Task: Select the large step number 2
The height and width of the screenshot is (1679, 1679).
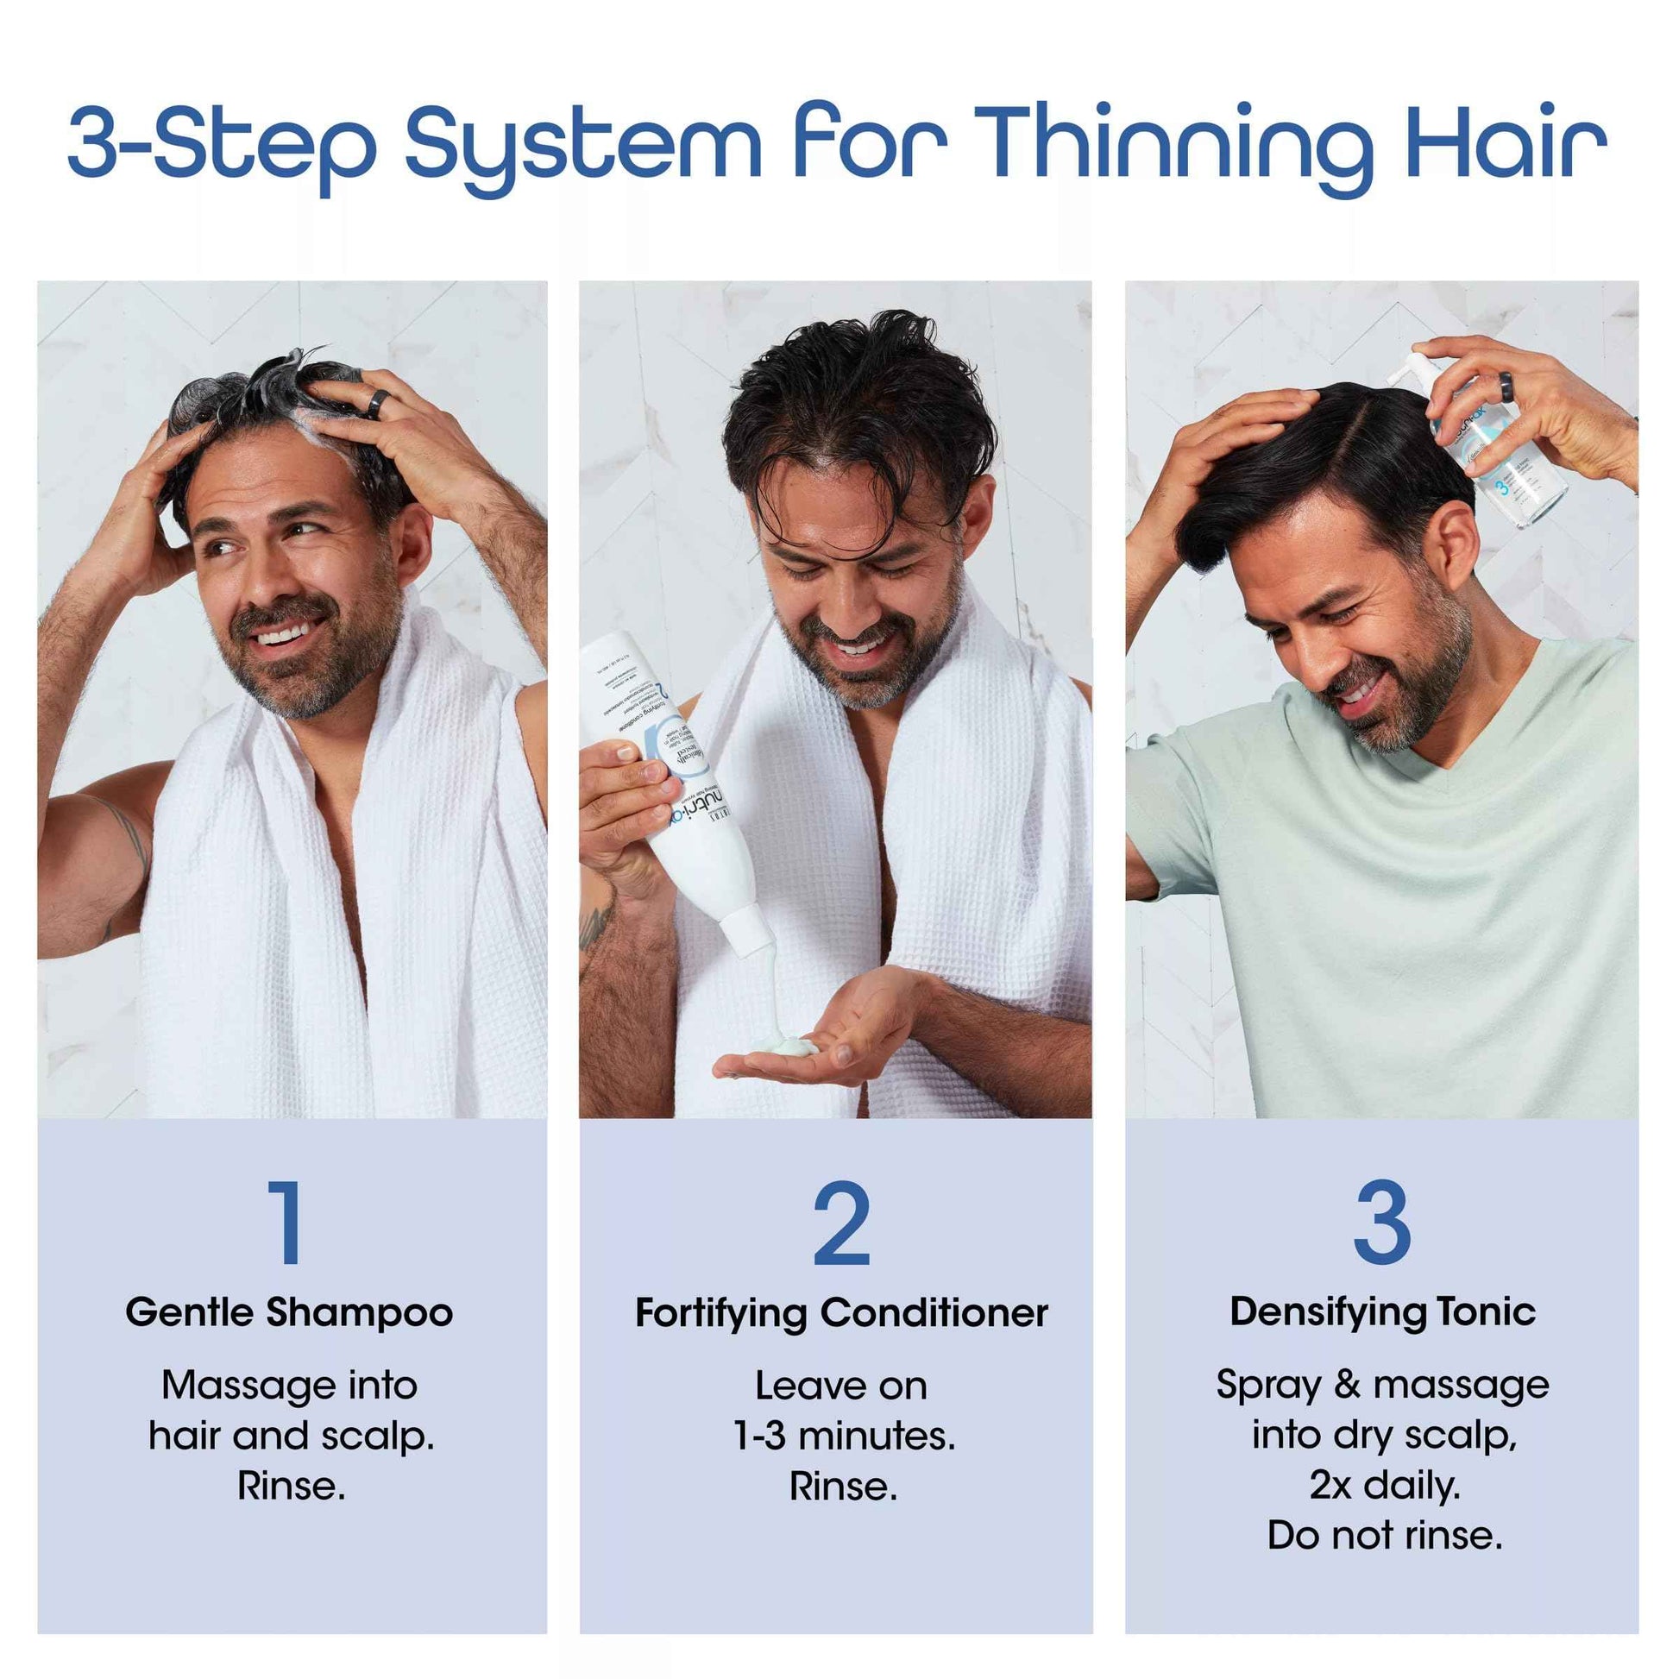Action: click(x=840, y=1223)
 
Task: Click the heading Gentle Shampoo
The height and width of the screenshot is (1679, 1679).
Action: click(x=288, y=1312)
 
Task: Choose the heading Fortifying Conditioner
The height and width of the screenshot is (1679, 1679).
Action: click(x=840, y=1312)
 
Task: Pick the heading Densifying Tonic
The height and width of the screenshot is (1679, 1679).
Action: click(x=1382, y=1311)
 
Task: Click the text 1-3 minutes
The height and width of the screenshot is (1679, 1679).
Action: click(x=844, y=1436)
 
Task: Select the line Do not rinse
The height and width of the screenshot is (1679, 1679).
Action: click(x=1385, y=1536)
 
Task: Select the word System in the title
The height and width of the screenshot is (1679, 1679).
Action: click(x=582, y=143)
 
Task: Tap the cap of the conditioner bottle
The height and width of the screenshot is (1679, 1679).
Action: click(x=749, y=930)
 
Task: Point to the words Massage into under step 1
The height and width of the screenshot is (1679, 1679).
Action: click(x=288, y=1386)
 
